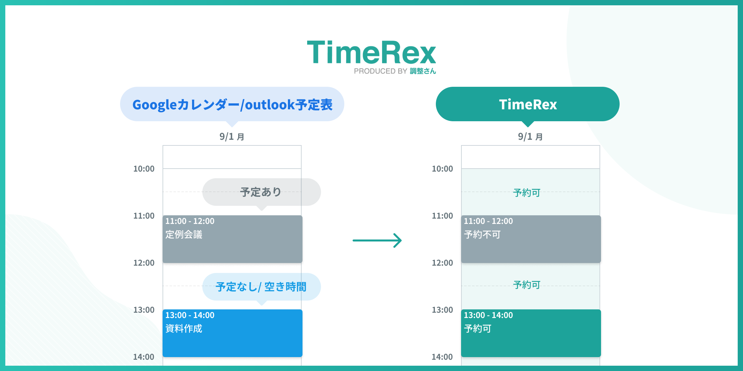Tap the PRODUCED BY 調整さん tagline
point(395,71)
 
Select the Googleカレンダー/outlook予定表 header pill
point(232,104)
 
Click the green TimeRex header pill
point(528,104)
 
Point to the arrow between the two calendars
point(377,240)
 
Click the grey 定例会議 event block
point(233,239)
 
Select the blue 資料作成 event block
point(233,333)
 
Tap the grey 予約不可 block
point(531,239)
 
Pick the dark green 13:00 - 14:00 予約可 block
point(531,333)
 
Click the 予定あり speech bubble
point(261,192)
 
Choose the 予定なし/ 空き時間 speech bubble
point(261,287)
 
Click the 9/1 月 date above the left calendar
point(232,136)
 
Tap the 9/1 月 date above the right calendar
point(530,136)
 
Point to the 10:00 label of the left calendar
point(144,169)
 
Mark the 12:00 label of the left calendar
point(144,263)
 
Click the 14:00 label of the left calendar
point(144,357)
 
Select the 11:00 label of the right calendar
point(442,216)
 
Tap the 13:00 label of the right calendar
point(442,310)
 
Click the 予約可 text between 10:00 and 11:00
point(527,193)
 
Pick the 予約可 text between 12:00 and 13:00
point(527,285)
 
